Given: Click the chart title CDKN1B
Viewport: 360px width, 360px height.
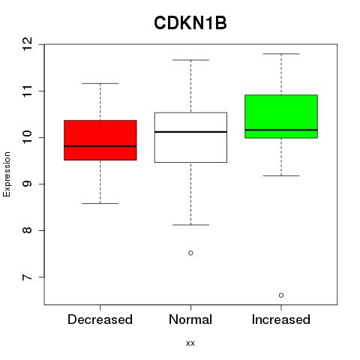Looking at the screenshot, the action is coord(190,23).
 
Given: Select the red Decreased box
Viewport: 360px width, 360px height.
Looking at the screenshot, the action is coord(100,140).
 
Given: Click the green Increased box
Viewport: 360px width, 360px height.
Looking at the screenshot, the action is coord(281,116).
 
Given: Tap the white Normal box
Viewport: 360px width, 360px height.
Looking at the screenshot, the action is coord(190,137).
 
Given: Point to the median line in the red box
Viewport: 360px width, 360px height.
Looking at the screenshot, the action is coord(100,146).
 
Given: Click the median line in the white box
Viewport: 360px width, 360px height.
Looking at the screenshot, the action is coord(190,132).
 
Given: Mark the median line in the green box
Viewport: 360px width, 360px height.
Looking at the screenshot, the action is coord(281,130).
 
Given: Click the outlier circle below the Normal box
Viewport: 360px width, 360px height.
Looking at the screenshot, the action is coord(190,253).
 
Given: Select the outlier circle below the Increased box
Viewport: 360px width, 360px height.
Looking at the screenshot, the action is coord(281,295).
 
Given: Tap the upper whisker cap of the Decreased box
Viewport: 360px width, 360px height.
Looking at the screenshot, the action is coord(100,83).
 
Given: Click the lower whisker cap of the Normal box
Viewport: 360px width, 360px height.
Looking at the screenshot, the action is coord(190,225).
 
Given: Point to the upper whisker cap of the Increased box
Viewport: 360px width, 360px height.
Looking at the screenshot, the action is coord(281,54).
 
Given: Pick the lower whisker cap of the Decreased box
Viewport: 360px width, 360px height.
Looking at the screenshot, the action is coord(100,203).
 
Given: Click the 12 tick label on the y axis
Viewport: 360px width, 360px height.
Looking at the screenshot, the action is coord(28,44).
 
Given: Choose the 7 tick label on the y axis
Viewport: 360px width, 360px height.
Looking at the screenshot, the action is coord(28,277).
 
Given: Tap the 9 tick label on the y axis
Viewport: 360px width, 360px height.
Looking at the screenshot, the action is coord(28,184).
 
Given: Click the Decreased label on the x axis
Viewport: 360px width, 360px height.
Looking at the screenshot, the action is coord(100,319).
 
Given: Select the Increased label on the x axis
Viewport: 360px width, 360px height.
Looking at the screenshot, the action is coord(281,319).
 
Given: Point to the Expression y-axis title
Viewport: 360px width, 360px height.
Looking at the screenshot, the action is coord(7,174).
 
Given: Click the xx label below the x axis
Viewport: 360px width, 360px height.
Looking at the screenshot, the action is coord(190,343).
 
